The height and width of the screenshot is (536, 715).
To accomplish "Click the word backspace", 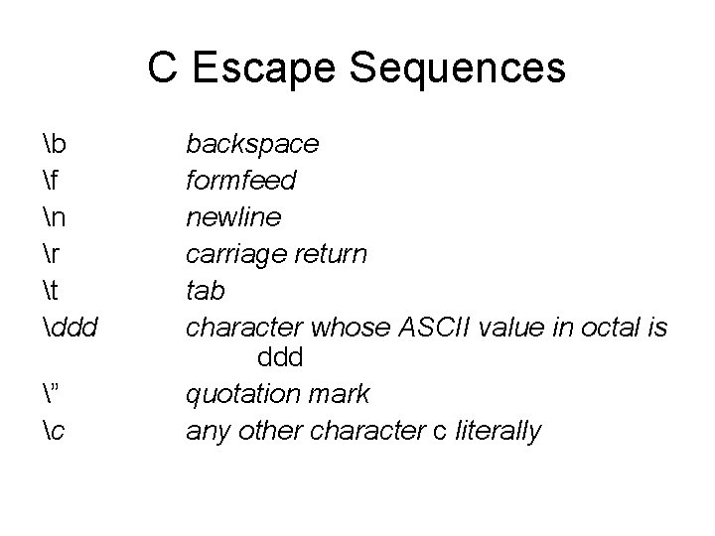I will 253,145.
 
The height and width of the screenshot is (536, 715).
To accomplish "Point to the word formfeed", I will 241,182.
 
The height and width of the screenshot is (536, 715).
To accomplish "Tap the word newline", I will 234,217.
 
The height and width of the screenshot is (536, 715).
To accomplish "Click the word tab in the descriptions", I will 206,290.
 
